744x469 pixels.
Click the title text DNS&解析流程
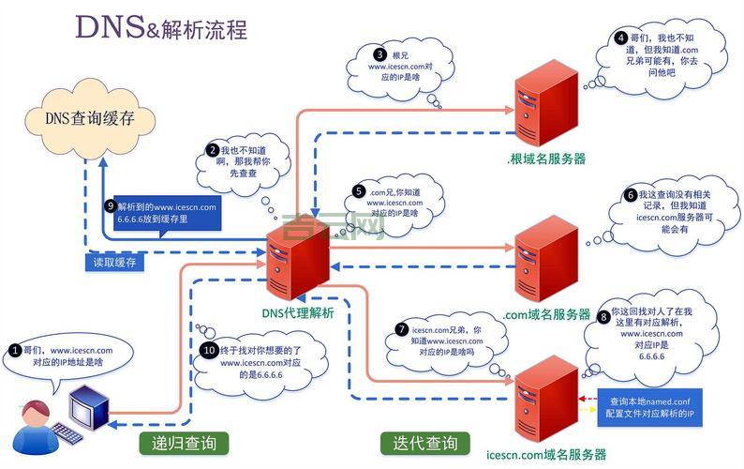click(161, 28)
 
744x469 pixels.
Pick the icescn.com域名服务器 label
click(546, 455)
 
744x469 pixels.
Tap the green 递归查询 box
click(178, 443)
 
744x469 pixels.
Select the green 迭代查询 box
click(419, 443)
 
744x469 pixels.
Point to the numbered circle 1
click(14, 350)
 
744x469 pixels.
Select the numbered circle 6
click(631, 195)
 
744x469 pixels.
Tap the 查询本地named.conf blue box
click(650, 406)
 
